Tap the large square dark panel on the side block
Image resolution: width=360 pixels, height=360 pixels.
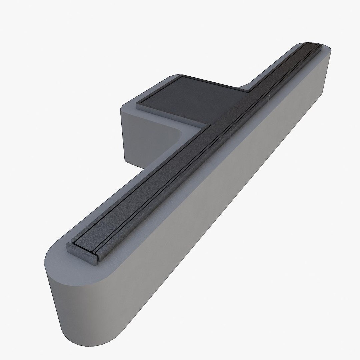[x=187, y=97]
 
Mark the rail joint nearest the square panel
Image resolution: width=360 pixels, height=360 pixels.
[x=230, y=132]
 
